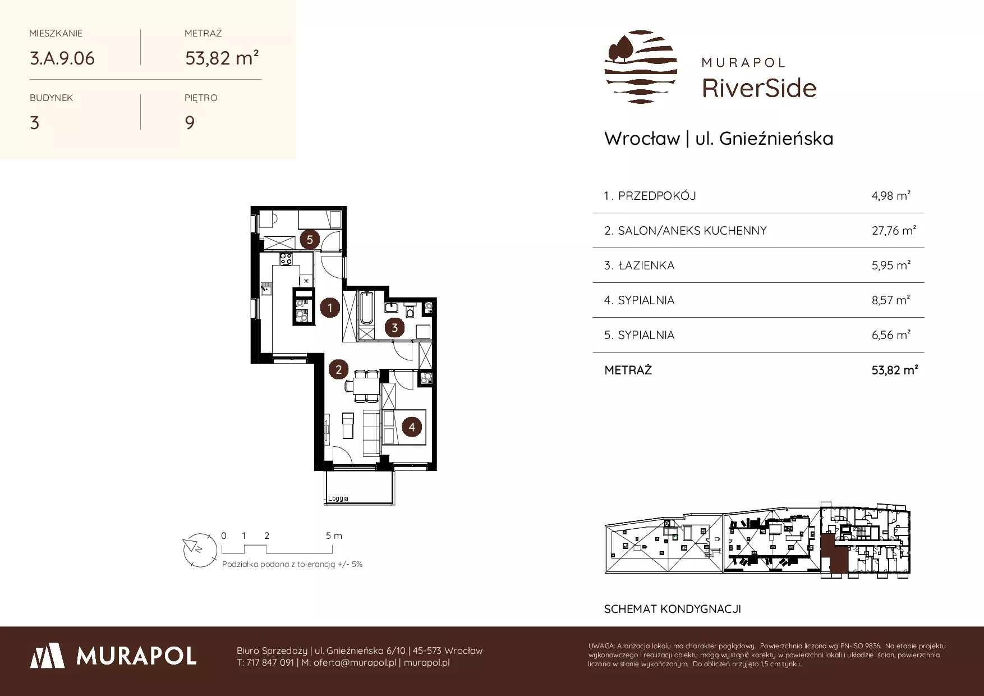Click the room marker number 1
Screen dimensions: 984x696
point(330,308)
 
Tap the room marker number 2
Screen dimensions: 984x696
point(338,369)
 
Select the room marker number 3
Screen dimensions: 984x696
point(394,328)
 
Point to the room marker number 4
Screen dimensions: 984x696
point(412,427)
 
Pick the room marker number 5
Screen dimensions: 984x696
point(309,240)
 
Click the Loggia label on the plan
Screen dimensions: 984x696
point(338,498)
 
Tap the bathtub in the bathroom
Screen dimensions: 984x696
point(366,308)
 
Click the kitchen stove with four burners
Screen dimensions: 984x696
point(286,259)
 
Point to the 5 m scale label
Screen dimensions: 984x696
point(334,535)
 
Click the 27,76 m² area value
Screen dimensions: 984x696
point(894,230)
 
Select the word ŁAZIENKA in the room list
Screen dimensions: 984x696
point(646,265)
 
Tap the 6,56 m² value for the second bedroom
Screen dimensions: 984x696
point(891,335)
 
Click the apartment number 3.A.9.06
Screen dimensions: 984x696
point(62,58)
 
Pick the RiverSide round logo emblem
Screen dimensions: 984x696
point(641,67)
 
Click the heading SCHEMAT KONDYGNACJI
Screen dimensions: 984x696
point(673,609)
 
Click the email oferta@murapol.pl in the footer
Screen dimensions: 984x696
point(355,662)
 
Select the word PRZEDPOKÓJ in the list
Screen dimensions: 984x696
point(657,196)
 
